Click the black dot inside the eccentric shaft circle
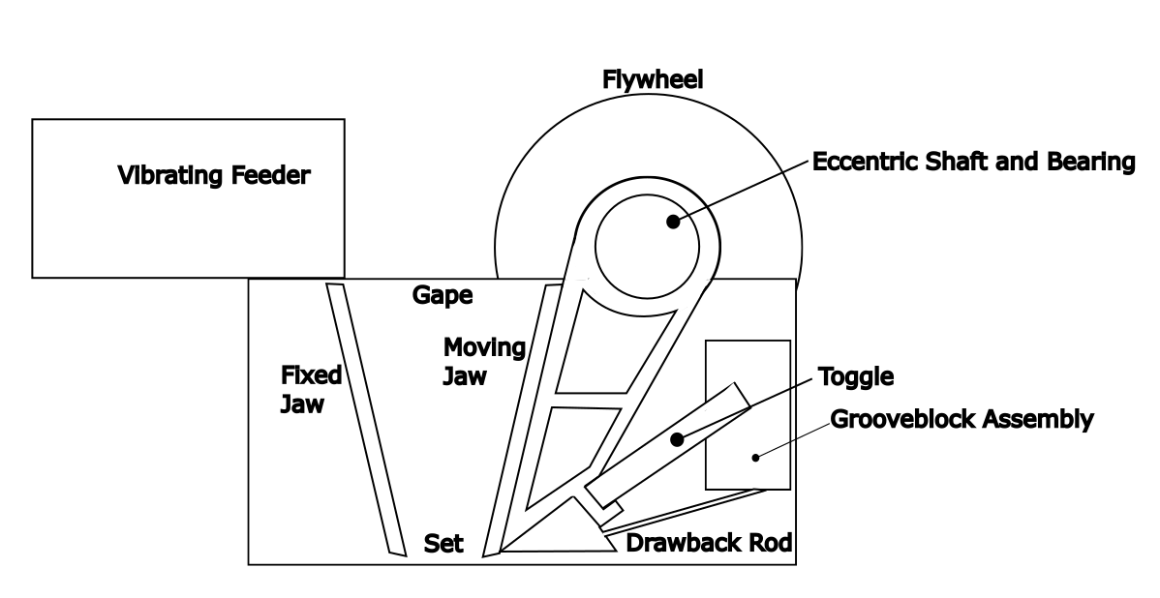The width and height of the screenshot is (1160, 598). pyautogui.click(x=672, y=222)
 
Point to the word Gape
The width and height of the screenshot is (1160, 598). pyautogui.click(x=441, y=296)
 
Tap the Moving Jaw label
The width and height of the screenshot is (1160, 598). pyautogui.click(x=483, y=361)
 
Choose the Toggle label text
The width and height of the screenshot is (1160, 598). pyautogui.click(x=856, y=376)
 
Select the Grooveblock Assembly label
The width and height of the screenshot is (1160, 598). pyautogui.click(x=962, y=420)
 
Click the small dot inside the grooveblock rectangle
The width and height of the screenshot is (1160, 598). pyautogui.click(x=753, y=454)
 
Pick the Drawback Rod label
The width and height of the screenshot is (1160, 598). pyautogui.click(x=710, y=543)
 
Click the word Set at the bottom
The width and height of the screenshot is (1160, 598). pyautogui.click(x=444, y=545)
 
